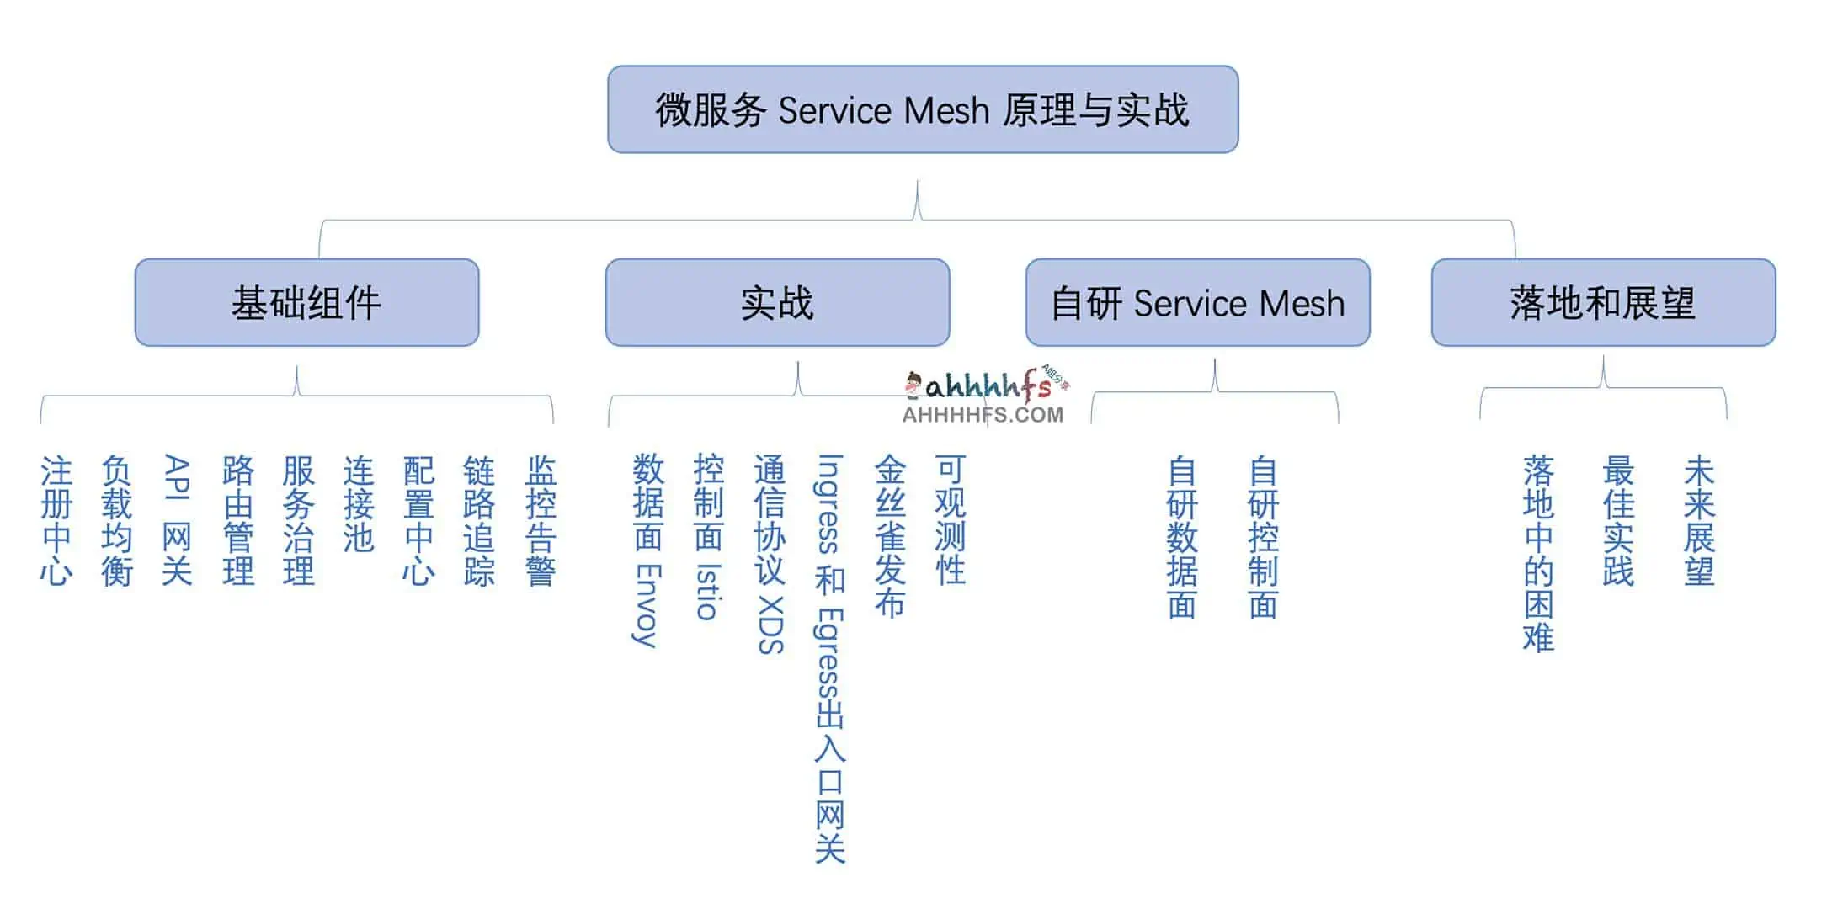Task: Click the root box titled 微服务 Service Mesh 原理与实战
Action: click(x=922, y=109)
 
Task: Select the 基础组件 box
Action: click(x=306, y=302)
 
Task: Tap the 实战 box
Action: click(x=777, y=302)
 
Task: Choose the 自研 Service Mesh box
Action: click(x=1197, y=302)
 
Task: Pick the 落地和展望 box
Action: click(x=1603, y=302)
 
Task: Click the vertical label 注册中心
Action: click(x=56, y=520)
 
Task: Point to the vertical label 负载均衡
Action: click(x=117, y=520)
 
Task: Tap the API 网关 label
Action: click(x=177, y=520)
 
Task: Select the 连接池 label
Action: click(x=359, y=503)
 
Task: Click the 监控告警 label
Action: click(x=541, y=520)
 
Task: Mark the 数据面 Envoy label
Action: click(x=647, y=550)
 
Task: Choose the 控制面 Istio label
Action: click(x=708, y=537)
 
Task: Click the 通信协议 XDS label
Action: click(x=770, y=554)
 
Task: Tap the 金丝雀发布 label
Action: click(x=890, y=537)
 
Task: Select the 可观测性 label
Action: click(x=951, y=520)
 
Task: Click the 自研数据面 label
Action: click(x=1182, y=537)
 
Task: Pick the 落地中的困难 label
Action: click(x=1538, y=554)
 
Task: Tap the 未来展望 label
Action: click(x=1700, y=520)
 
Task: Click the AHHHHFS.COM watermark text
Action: click(x=983, y=414)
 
